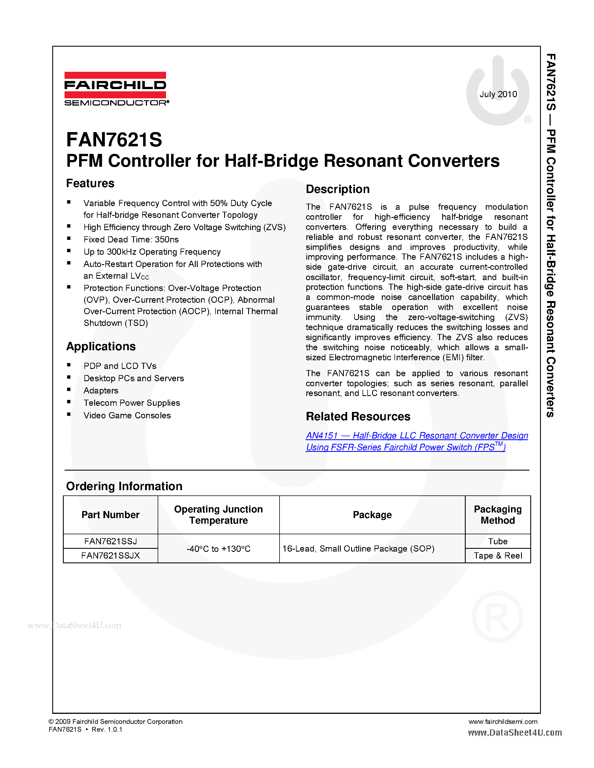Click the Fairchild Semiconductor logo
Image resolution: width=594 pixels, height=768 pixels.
pyautogui.click(x=116, y=89)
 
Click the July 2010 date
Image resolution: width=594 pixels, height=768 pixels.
pyautogui.click(x=498, y=94)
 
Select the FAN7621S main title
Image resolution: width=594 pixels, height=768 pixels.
pyautogui.click(x=114, y=140)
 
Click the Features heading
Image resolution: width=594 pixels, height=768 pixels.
pyautogui.click(x=90, y=183)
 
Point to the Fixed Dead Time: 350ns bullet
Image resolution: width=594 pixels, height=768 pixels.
pyautogui.click(x=131, y=239)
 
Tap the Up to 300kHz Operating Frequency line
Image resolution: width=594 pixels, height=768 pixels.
pyautogui.click(x=152, y=252)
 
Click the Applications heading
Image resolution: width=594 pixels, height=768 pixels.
pyautogui.click(x=101, y=346)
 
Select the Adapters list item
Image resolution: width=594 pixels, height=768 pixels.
pyautogui.click(x=101, y=391)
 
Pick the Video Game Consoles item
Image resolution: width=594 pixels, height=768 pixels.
pyautogui.click(x=127, y=415)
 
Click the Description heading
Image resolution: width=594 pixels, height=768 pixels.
pyautogui.click(x=337, y=189)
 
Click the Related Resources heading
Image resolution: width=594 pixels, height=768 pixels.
pyautogui.click(x=358, y=416)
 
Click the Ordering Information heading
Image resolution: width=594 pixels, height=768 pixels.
pyautogui.click(x=124, y=486)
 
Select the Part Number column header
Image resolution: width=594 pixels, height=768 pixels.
pyautogui.click(x=110, y=515)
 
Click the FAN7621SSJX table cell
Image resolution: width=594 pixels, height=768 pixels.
pyautogui.click(x=110, y=555)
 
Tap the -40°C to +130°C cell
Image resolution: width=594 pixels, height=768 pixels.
pyautogui.click(x=218, y=548)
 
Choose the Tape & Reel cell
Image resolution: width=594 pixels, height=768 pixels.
pyautogui.click(x=498, y=555)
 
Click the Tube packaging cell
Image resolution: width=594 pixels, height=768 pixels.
pyautogui.click(x=498, y=541)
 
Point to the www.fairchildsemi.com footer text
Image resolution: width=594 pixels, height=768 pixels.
pyautogui.click(x=503, y=722)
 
